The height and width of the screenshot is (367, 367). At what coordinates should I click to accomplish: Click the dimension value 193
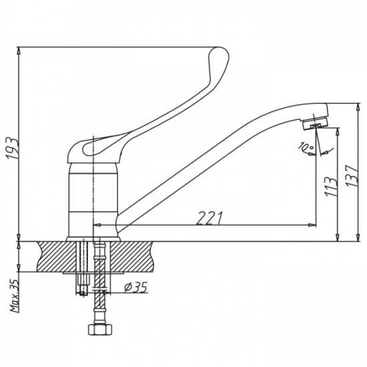[x=12, y=149]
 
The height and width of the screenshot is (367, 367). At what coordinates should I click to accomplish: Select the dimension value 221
[x=210, y=218]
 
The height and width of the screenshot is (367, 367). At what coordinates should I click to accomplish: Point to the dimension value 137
[x=352, y=175]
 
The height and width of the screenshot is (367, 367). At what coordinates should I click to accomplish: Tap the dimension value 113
[x=331, y=186]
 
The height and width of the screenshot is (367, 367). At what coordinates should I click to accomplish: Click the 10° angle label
[x=306, y=147]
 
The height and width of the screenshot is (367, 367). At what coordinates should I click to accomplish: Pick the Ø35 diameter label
[x=136, y=287]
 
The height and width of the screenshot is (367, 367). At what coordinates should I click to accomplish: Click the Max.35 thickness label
[x=15, y=296]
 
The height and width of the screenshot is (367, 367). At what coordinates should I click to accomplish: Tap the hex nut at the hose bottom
[x=100, y=330]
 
